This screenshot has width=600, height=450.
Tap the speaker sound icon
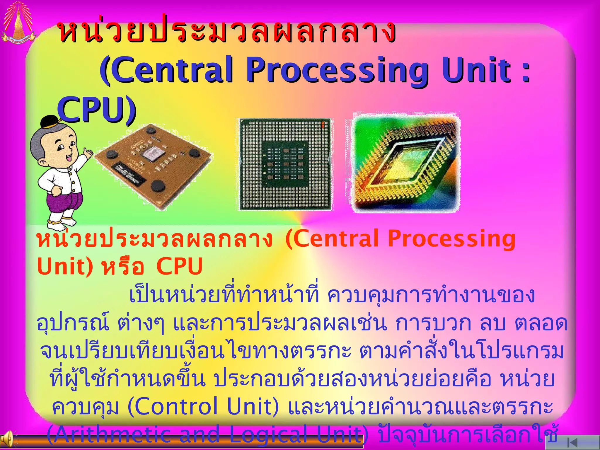[x=7, y=441]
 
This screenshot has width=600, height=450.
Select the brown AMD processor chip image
[x=154, y=166]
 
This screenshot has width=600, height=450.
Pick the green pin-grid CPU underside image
[x=285, y=164]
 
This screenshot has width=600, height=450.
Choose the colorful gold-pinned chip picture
[x=406, y=163]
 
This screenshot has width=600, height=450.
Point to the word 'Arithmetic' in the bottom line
[x=111, y=434]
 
